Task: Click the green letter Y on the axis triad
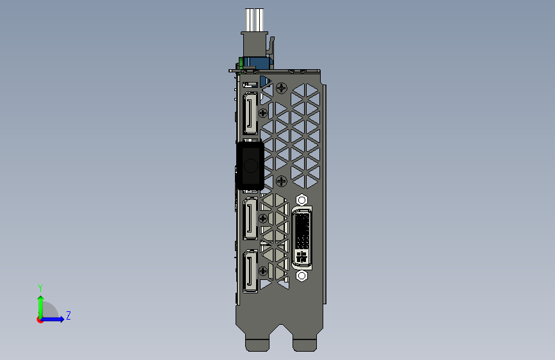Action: [40, 288]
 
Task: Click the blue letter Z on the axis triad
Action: [68, 315]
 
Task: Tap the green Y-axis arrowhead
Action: [41, 299]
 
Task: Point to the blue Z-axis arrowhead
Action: [61, 319]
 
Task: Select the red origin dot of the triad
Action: [40, 320]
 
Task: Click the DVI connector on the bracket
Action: [302, 238]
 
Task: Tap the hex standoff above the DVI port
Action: [302, 200]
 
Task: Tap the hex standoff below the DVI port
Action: [302, 275]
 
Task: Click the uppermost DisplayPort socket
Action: [250, 113]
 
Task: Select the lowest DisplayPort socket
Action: [250, 271]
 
